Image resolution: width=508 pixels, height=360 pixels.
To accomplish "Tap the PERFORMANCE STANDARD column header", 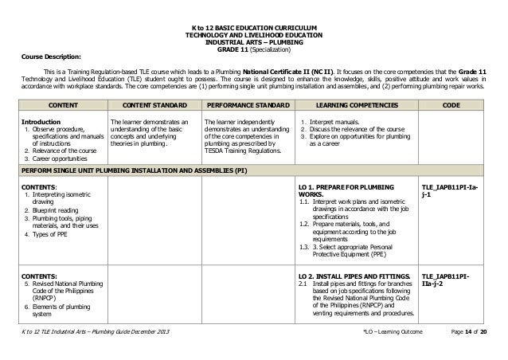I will click(247, 104).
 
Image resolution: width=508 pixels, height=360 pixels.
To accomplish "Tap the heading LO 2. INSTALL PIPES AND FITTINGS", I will click(353, 275).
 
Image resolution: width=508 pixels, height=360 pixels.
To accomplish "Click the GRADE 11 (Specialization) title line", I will click(254, 50).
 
